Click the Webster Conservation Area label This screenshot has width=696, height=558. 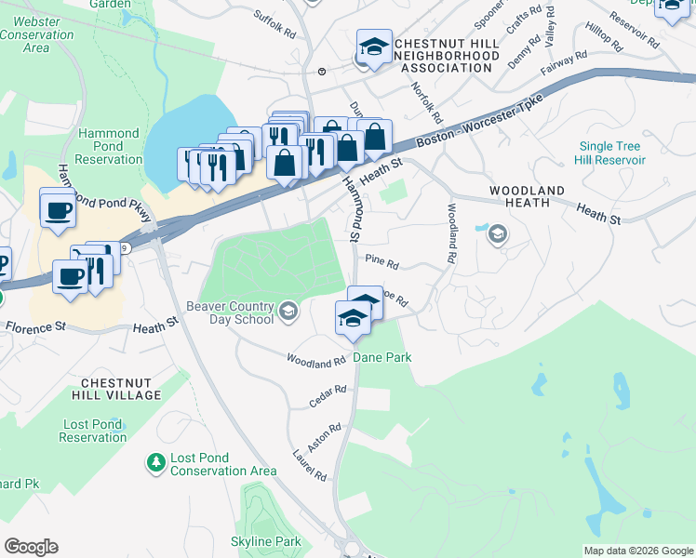tap(37, 33)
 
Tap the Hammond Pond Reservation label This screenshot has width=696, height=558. tap(109, 147)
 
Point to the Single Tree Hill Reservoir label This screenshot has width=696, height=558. tap(612, 153)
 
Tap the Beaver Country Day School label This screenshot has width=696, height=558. tap(230, 312)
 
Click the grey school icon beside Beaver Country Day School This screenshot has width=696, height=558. tap(288, 312)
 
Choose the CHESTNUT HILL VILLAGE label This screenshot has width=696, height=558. tap(121, 389)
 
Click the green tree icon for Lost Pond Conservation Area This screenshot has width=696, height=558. tap(156, 461)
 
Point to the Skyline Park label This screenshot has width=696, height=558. tap(266, 541)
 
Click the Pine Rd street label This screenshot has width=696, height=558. tap(381, 261)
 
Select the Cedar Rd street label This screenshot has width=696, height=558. tap(328, 396)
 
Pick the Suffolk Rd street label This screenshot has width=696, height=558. tap(274, 26)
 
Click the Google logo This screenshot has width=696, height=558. tap(32, 547)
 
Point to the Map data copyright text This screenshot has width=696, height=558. tap(637, 551)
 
